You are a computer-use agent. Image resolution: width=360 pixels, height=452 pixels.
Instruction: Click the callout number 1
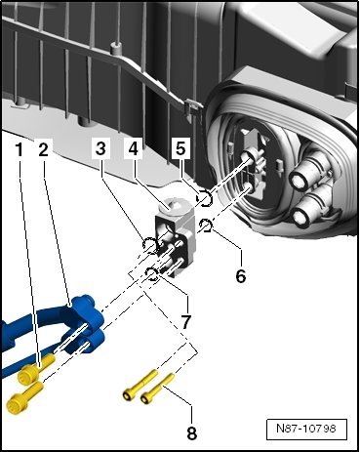(x=20, y=150)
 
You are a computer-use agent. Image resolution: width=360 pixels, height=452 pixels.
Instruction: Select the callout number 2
(x=43, y=150)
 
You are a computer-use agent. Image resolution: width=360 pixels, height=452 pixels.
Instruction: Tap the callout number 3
(x=100, y=149)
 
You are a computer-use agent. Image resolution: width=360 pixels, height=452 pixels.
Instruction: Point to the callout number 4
(x=134, y=149)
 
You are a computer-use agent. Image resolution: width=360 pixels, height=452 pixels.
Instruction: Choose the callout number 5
(x=180, y=148)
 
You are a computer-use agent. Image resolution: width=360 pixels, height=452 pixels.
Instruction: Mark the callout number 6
(x=241, y=276)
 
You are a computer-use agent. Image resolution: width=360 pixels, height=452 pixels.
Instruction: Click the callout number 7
(x=185, y=322)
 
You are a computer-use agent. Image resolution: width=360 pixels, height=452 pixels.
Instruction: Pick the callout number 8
(x=192, y=432)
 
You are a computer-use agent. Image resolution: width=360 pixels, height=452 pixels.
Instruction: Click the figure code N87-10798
(x=306, y=429)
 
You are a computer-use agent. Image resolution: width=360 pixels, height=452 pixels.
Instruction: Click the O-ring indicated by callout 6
(x=206, y=226)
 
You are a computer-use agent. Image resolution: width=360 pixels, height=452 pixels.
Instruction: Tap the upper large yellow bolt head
(x=27, y=374)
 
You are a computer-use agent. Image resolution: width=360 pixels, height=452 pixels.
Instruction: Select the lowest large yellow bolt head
(x=15, y=403)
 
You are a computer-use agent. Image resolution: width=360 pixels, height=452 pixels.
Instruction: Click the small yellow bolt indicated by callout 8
(x=158, y=388)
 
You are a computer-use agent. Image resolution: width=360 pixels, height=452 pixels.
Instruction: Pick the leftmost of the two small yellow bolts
(x=140, y=385)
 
